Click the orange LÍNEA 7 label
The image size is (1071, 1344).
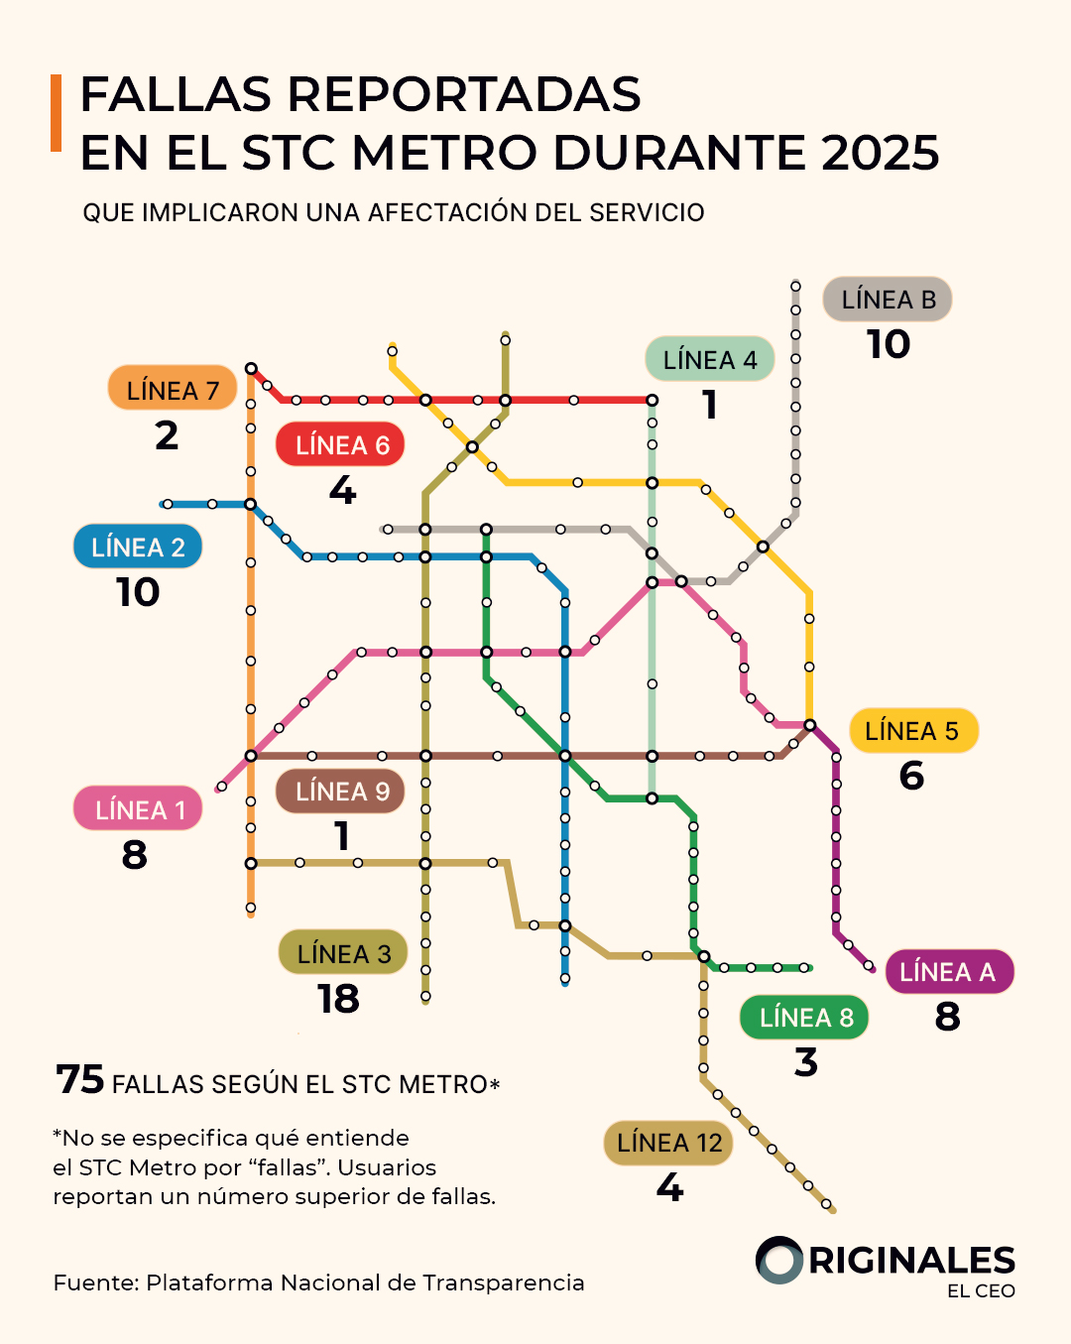coord(173,390)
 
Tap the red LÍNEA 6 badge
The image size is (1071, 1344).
coord(341,444)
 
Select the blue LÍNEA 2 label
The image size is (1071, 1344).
coord(138,547)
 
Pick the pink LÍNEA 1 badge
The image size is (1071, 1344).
coord(138,809)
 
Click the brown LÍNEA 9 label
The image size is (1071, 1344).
coord(341,791)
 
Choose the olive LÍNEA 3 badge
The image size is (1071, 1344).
coord(343,953)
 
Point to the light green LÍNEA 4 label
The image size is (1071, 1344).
coord(710,359)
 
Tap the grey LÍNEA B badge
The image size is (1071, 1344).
coord(888,299)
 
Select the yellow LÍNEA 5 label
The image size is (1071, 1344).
coord(912,731)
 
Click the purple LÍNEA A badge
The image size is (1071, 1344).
coord(948,972)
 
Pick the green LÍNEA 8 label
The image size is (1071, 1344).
coord(805,1018)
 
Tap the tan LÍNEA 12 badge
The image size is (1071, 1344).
coord(669,1143)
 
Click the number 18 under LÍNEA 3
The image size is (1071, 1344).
coord(338,999)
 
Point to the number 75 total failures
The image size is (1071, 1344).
coord(80,1079)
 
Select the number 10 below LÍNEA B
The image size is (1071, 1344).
coord(888,344)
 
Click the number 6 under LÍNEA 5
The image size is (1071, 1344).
coord(911,776)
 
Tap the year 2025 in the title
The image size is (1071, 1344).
coord(880,153)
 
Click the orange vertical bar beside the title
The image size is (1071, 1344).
coord(57,113)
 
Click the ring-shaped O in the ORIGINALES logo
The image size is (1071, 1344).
coord(779,1261)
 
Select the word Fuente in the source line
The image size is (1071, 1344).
coord(96,1283)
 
